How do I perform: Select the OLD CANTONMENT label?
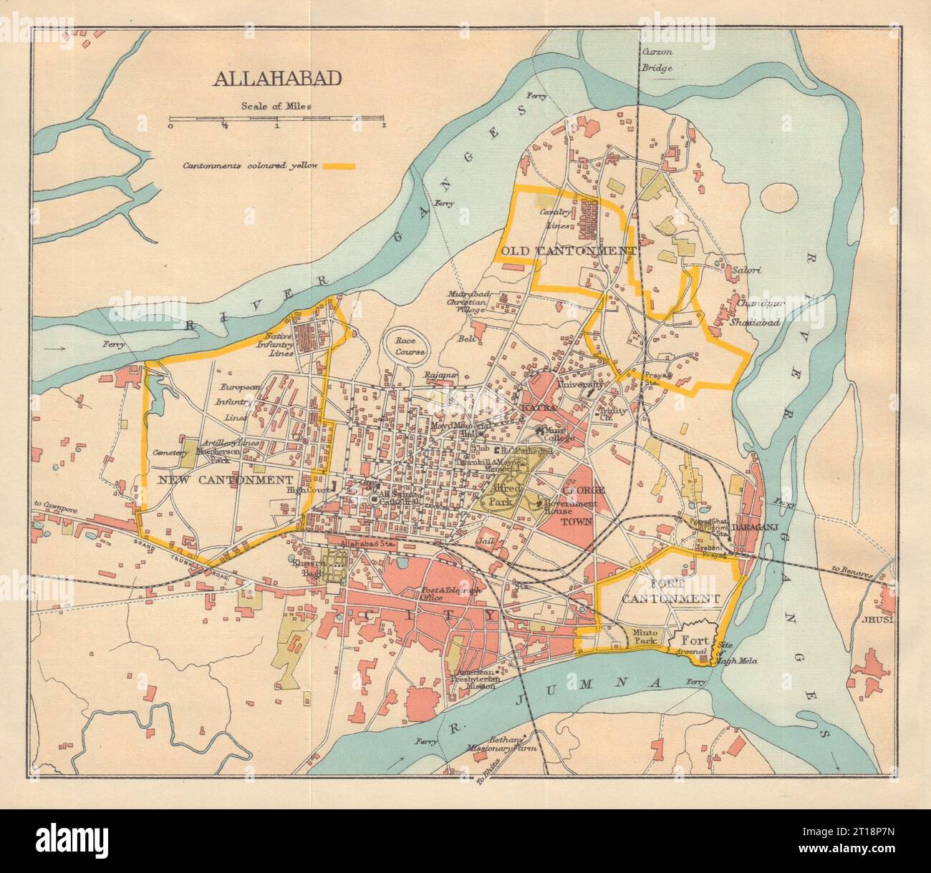pyautogui.click(x=569, y=251)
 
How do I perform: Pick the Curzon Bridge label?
pyautogui.click(x=657, y=61)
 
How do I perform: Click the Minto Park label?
pyautogui.click(x=645, y=637)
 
